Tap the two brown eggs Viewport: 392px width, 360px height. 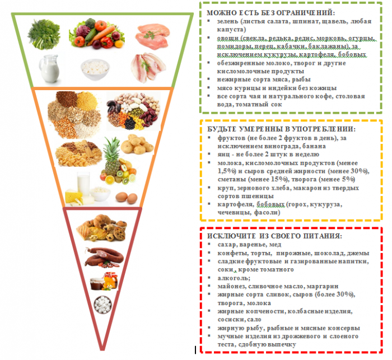coord(127,197)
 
